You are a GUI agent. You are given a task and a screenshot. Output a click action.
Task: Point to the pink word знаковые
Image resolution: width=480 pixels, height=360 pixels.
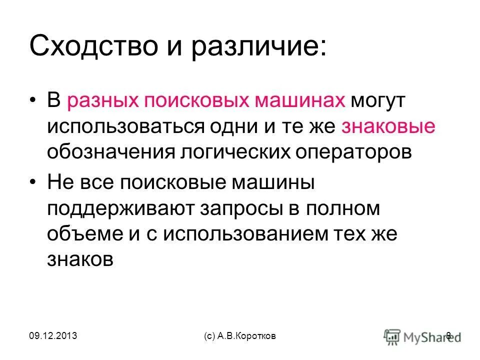pos(388,126)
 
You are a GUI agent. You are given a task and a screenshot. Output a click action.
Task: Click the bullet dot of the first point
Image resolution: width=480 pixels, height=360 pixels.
pos(32,100)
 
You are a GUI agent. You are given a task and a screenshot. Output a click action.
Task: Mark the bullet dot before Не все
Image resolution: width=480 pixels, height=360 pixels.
pos(32,183)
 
